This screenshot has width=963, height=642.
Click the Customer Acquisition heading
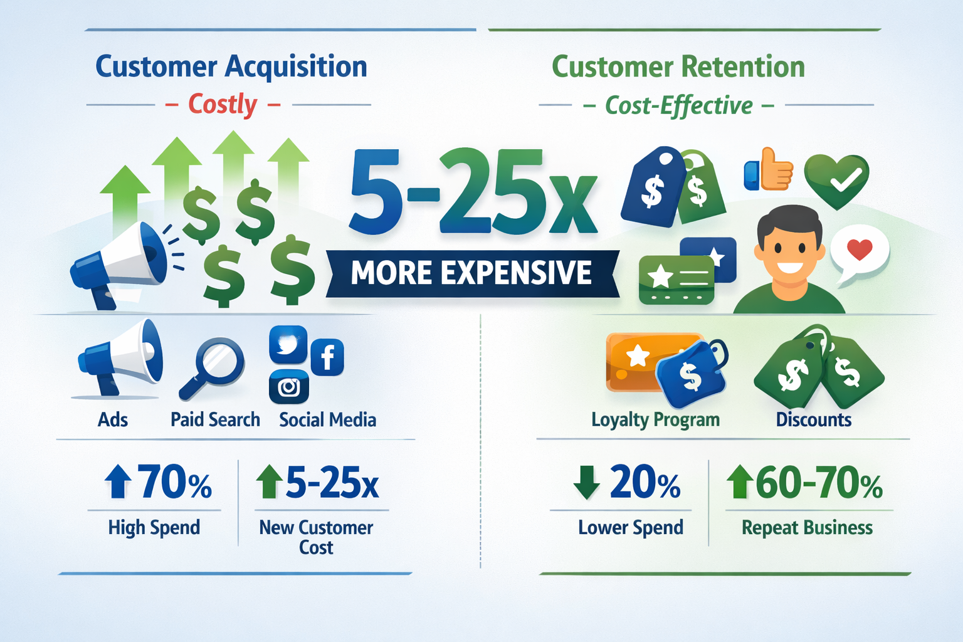pos(231,66)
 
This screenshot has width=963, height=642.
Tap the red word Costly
pos(223,104)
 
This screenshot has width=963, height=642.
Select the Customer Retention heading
pos(678,66)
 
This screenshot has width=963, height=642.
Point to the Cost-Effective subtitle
pos(678,105)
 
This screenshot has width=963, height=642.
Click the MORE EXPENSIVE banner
pos(471,273)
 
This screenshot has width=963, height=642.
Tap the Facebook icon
pos(327,357)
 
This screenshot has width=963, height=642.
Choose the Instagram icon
pos(288,387)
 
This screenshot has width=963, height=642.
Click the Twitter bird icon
pos(288,344)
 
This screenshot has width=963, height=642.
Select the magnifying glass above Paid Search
pos(213,367)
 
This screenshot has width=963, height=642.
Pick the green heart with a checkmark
pos(836,179)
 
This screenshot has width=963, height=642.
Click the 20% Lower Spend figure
pos(645,483)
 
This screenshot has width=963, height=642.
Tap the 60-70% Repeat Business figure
pos(819,483)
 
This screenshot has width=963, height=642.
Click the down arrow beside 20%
pos(587,483)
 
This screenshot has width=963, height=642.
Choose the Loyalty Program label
pos(655,419)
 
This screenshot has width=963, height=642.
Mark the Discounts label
pos(813,419)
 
